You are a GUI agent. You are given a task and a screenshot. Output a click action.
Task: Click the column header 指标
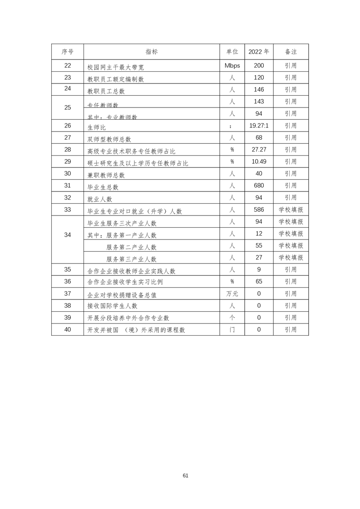tap(152, 52)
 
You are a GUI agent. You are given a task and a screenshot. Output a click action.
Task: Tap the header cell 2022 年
tap(259, 52)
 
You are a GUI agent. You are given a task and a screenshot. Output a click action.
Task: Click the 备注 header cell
tap(291, 52)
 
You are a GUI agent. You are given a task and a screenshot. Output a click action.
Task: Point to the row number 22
tap(68, 65)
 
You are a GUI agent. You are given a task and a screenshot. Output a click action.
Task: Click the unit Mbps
tap(232, 65)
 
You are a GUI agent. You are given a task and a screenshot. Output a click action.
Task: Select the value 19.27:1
tap(259, 126)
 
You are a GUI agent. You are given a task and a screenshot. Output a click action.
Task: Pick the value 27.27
tap(259, 150)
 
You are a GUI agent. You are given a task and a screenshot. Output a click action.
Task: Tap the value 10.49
tap(259, 162)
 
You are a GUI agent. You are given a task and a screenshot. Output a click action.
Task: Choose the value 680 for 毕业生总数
tap(259, 186)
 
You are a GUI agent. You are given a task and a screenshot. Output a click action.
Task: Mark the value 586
tap(259, 210)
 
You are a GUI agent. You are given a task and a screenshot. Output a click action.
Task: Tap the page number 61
tap(185, 475)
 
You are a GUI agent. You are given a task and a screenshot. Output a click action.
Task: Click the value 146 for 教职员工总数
tap(259, 89)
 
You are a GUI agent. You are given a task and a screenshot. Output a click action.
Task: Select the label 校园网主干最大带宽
tap(115, 67)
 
